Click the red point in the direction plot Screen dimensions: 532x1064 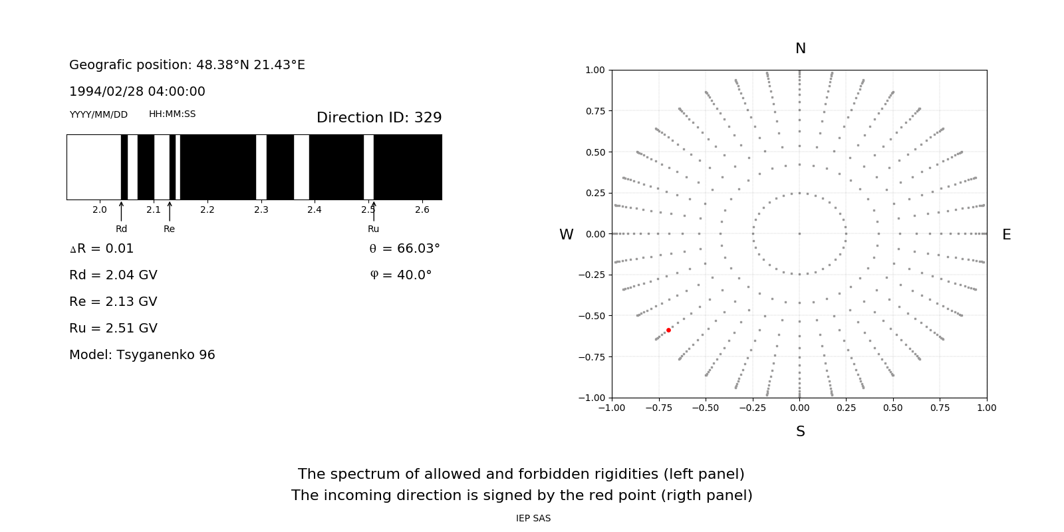pyautogui.click(x=668, y=330)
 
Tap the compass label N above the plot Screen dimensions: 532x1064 pyautogui.click(x=800, y=49)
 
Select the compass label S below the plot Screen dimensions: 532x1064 pyautogui.click(x=800, y=432)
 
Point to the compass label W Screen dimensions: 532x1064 pyautogui.click(x=566, y=235)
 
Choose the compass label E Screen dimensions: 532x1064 pyautogui.click(x=1006, y=235)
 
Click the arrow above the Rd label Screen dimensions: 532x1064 pyautogui.click(x=121, y=211)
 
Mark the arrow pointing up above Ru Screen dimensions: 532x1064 pyautogui.click(x=374, y=211)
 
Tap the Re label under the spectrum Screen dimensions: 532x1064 pyautogui.click(x=169, y=229)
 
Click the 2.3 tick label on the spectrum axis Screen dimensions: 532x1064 pyautogui.click(x=261, y=210)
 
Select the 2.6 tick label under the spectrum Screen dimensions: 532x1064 pyautogui.click(x=422, y=210)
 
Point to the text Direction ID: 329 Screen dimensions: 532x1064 pyautogui.click(x=379, y=118)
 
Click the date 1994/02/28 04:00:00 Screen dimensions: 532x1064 pyautogui.click(x=137, y=92)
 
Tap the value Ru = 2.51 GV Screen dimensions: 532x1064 pyautogui.click(x=113, y=329)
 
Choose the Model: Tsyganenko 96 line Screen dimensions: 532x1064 pyautogui.click(x=142, y=355)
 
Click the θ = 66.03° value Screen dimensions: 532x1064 pyautogui.click(x=404, y=249)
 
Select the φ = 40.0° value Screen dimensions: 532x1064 pyautogui.click(x=400, y=275)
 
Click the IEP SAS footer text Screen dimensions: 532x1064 pyautogui.click(x=533, y=519)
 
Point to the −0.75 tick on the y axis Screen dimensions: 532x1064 pyautogui.click(x=591, y=357)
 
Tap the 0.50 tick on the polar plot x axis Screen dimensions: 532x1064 pyautogui.click(x=893, y=408)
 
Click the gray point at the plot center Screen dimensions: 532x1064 pyautogui.click(x=799, y=233)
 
